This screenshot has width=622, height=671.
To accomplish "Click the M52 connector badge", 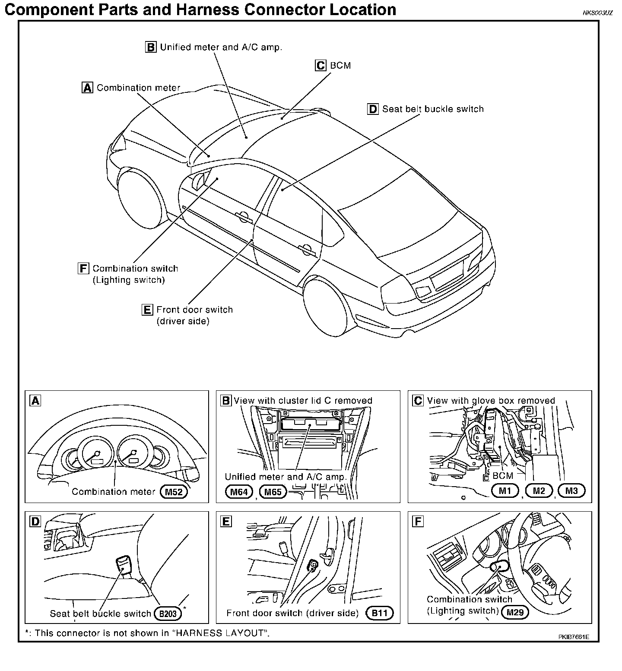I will pyautogui.click(x=174, y=492).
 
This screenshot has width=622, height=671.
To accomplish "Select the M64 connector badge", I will pyautogui.click(x=239, y=492).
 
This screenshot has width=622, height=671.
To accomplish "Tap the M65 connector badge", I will pyautogui.click(x=273, y=492).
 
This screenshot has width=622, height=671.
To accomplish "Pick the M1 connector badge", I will pyautogui.click(x=505, y=491).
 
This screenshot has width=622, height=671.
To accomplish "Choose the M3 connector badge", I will pyautogui.click(x=571, y=491).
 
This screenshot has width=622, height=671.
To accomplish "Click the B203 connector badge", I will pyautogui.click(x=168, y=614).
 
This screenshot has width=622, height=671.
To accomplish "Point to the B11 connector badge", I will pyautogui.click(x=380, y=613).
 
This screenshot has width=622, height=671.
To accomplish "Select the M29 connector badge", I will pyautogui.click(x=515, y=612).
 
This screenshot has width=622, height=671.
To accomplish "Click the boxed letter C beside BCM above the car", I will pyautogui.click(x=321, y=66).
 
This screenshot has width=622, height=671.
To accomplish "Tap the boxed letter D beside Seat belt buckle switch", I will pyautogui.click(x=373, y=109).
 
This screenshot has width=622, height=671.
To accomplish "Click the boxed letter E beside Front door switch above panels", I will pyautogui.click(x=147, y=310).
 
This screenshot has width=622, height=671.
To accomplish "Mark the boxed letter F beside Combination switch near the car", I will pyautogui.click(x=83, y=269).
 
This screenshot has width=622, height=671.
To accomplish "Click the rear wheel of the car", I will pyautogui.click(x=331, y=309).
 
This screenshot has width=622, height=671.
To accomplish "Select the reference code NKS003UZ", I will pyautogui.click(x=597, y=13).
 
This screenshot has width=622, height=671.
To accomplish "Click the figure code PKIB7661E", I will pyautogui.click(x=573, y=637).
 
